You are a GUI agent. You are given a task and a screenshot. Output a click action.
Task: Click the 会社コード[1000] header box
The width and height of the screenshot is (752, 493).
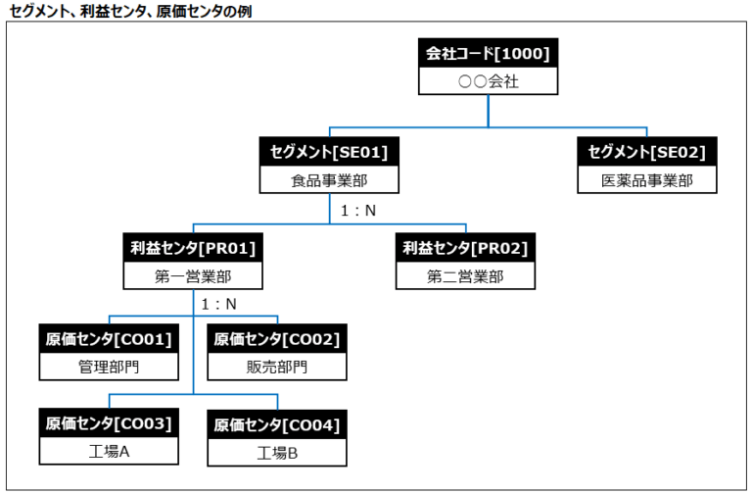tap(488, 54)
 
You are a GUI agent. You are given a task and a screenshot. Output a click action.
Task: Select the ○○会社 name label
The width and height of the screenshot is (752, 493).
tap(488, 81)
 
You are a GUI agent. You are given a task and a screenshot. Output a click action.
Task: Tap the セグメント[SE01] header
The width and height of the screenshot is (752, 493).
tap(329, 152)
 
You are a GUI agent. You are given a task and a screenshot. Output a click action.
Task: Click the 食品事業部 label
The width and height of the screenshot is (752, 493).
tap(329, 180)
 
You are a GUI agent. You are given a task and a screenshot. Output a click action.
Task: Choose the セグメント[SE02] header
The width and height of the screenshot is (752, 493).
tap(646, 152)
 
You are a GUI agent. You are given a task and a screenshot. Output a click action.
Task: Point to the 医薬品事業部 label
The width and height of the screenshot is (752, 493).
tap(646, 180)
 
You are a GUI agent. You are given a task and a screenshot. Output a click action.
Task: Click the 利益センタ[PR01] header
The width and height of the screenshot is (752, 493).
tap(193, 248)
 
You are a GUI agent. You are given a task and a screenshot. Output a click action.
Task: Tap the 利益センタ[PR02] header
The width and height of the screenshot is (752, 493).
tap(465, 248)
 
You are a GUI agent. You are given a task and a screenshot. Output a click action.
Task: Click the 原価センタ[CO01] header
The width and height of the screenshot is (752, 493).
tap(109, 339)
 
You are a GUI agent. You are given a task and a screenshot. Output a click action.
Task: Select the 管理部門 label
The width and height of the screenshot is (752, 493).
tap(109, 368)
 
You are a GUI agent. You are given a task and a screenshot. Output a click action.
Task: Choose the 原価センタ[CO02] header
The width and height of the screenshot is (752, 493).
tap(277, 339)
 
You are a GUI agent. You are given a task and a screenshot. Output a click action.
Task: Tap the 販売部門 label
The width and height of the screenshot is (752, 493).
tap(277, 368)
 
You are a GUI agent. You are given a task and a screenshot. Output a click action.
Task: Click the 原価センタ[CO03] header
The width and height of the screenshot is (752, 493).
tap(109, 423)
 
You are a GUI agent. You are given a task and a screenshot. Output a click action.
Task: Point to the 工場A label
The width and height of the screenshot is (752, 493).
tap(109, 452)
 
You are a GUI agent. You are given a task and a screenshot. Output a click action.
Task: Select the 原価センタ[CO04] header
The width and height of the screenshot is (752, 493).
tap(277, 425)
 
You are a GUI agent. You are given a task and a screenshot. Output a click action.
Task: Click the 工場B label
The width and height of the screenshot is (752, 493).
tap(277, 453)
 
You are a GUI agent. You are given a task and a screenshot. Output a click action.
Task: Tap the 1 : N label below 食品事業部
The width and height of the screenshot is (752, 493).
tap(357, 209)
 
